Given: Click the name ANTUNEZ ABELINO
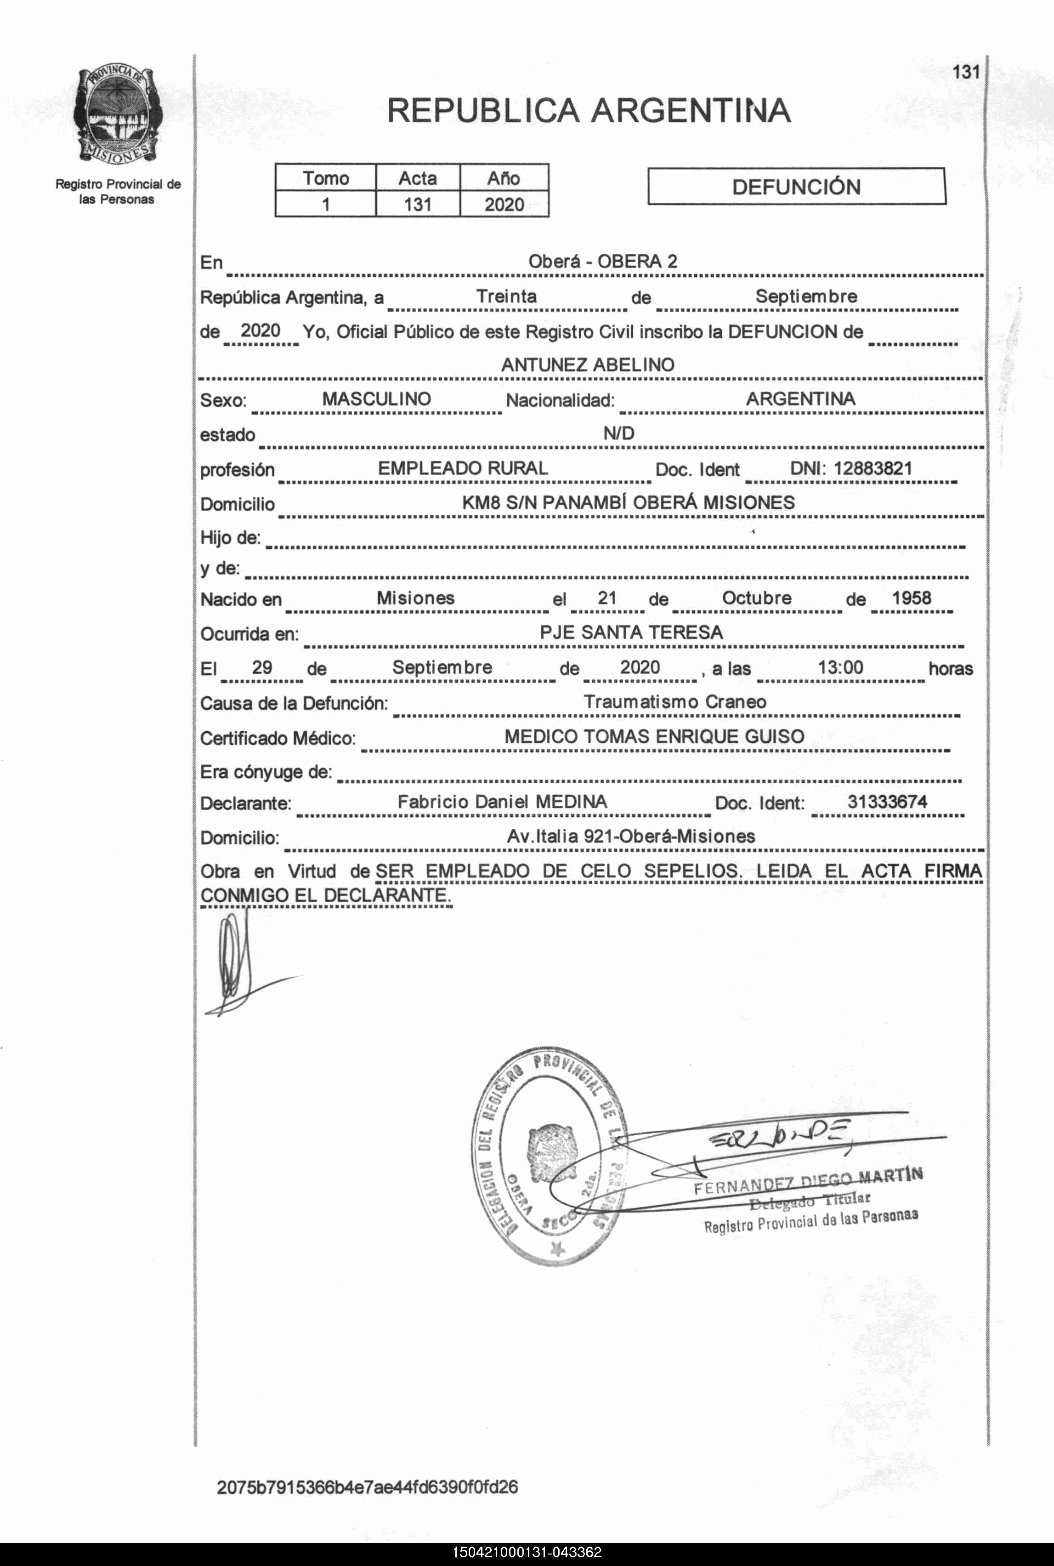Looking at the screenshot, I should pyautogui.click(x=588, y=364).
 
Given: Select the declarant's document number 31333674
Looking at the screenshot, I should pyautogui.click(x=887, y=802).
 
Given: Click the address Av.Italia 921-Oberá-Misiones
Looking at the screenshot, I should pyautogui.click(x=630, y=837).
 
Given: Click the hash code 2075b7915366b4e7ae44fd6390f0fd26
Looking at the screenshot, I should pyautogui.click(x=367, y=1486).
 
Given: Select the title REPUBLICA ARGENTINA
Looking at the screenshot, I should pyautogui.click(x=589, y=111).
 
